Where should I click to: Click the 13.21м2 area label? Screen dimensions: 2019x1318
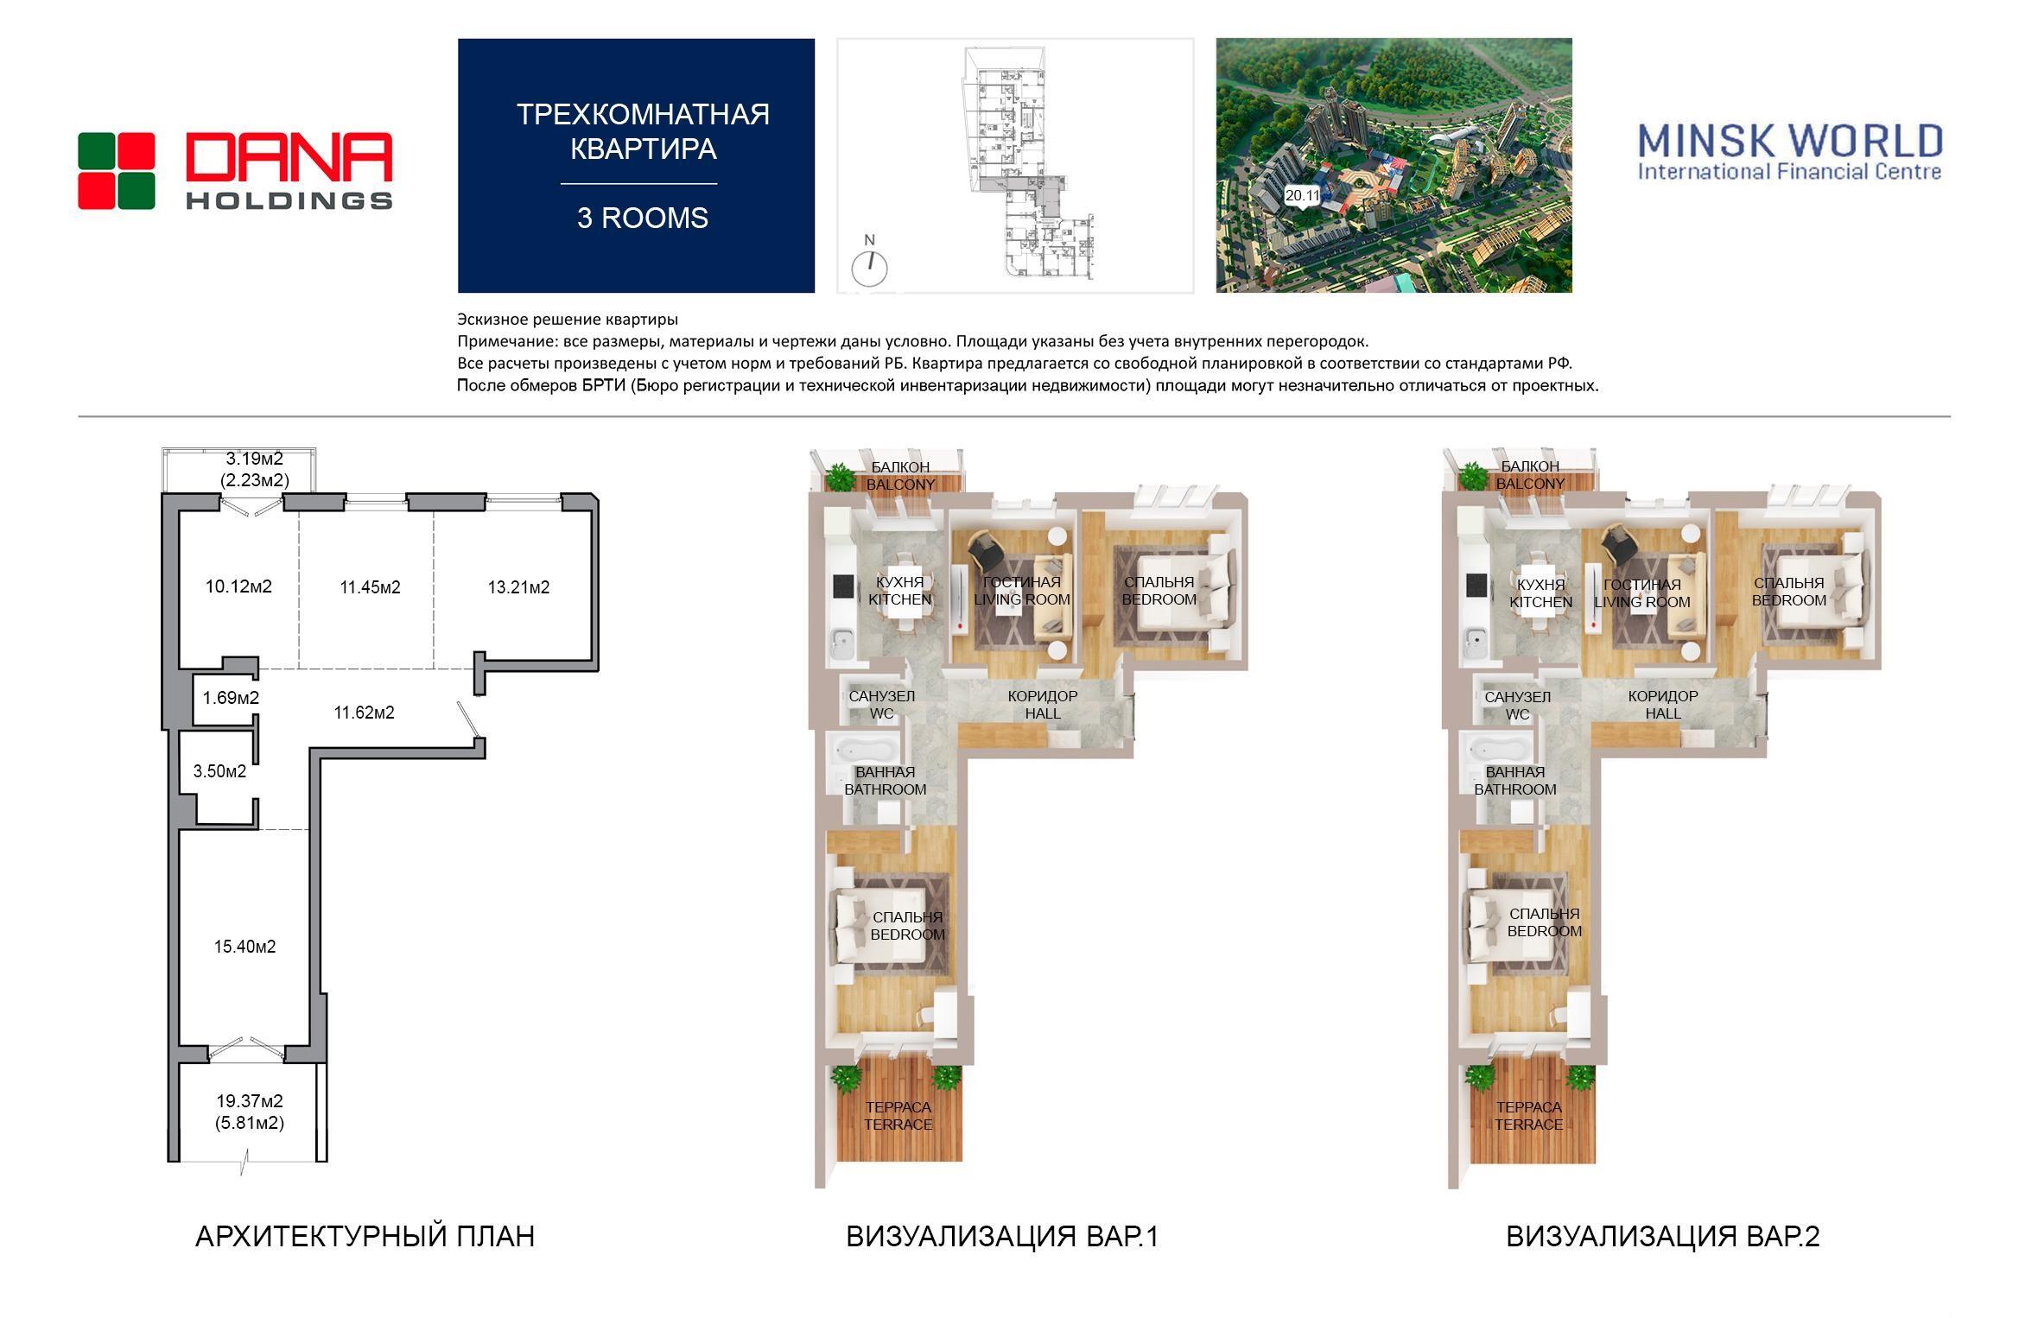pos(518,587)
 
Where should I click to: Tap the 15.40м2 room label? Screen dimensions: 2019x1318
pos(245,947)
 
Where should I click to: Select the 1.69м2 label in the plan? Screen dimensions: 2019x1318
pos(231,697)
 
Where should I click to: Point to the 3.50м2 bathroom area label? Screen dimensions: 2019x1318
pos(219,771)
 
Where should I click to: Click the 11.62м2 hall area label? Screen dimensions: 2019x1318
pos(364,713)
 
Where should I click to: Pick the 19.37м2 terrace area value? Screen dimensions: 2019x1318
pos(250,1101)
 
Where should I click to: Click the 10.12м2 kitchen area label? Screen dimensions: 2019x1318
pos(238,587)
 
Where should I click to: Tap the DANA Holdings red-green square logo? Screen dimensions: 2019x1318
pos(117,171)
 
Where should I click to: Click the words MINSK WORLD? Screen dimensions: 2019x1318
pos(1791,141)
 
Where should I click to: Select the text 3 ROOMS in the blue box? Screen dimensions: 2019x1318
pos(643,218)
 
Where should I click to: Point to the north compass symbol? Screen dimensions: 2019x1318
pos(870,268)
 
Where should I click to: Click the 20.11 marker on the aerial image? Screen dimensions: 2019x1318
pos(1302,195)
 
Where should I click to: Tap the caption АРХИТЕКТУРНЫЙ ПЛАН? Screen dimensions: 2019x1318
pos(365,1237)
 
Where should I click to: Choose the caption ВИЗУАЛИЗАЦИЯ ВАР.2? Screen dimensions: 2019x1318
pos(1663,1237)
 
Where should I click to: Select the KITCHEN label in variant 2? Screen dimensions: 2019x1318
pos(1541,602)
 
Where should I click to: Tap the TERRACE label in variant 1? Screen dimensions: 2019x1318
pos(898,1125)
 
